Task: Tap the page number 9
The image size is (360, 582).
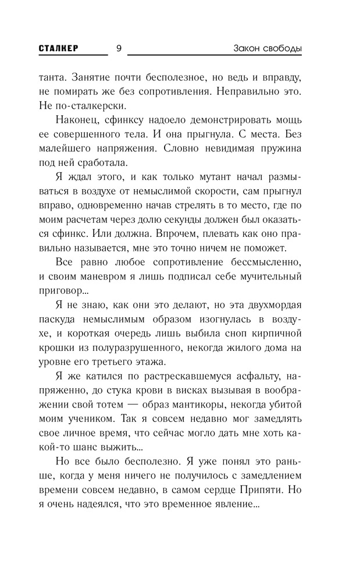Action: coord(119,48)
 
